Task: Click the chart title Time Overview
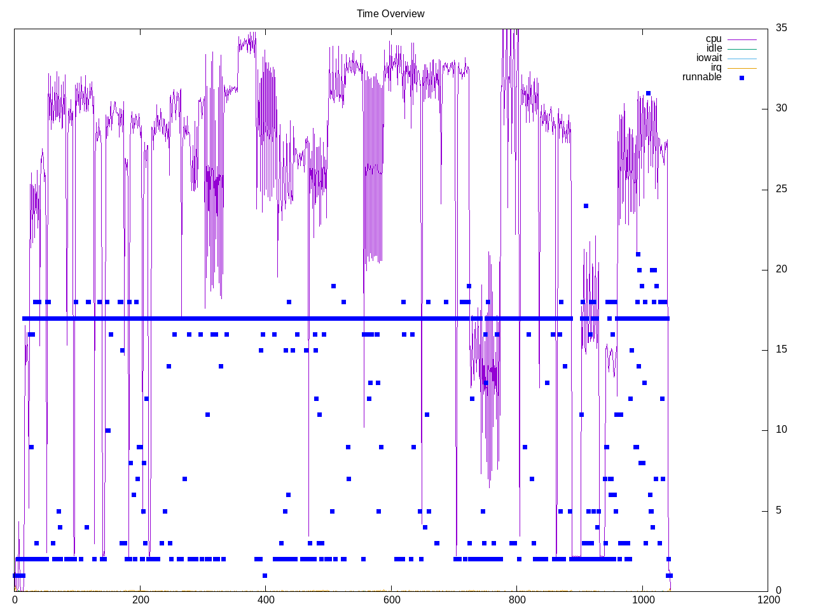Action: tap(390, 13)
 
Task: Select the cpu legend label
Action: tap(714, 39)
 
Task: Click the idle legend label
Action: tap(714, 48)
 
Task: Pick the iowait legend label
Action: tap(709, 58)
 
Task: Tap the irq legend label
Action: tap(716, 67)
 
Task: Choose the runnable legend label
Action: tap(701, 77)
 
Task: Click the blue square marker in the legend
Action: tap(742, 78)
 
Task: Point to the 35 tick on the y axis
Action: tap(781, 27)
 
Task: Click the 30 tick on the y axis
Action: tap(781, 108)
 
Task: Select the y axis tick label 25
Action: tap(781, 189)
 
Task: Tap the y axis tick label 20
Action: tap(781, 269)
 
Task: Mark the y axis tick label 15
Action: tap(781, 349)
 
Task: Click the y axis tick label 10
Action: tap(781, 430)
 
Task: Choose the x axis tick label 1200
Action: tap(768, 600)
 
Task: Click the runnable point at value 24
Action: tap(586, 206)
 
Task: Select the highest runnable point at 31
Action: tap(648, 93)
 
